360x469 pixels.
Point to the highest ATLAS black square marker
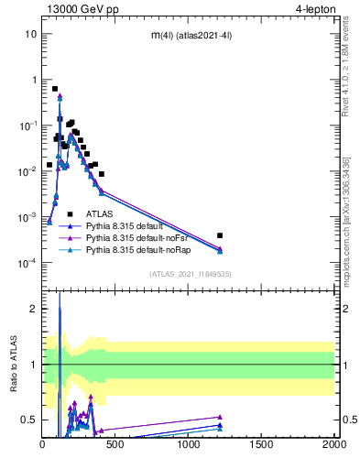[x=56, y=89]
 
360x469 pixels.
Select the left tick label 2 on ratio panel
[x=34, y=309]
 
